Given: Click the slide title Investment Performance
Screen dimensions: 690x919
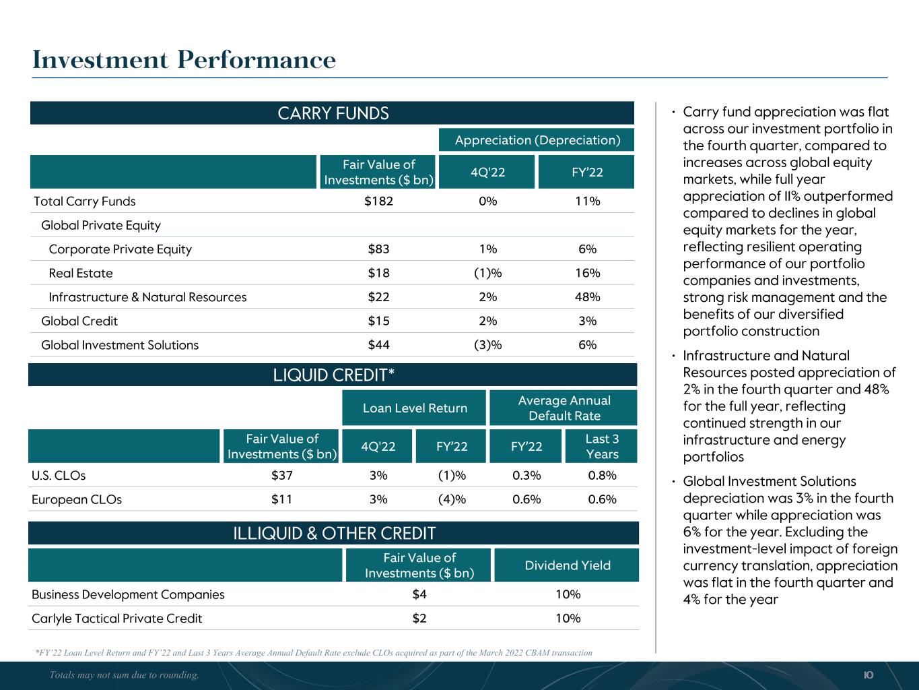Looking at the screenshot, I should coord(184,60).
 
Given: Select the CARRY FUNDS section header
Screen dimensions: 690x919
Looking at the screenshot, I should coord(333,113).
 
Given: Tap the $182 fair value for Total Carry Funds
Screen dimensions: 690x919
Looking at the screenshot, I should coord(378,201).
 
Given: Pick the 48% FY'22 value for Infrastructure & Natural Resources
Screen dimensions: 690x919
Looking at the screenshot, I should coord(587,297).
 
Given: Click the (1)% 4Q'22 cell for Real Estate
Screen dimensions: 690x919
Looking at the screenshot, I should coord(487,273).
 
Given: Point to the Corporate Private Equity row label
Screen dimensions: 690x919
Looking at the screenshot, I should coord(121,249).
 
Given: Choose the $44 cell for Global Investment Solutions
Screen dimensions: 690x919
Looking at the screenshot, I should coord(378,345).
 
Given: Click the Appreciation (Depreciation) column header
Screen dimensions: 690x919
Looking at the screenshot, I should coord(537,140).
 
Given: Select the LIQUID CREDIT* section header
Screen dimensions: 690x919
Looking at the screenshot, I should coord(333,375).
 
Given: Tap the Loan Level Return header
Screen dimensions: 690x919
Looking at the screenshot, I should coord(415,408).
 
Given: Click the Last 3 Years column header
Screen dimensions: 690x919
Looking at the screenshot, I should coord(601,446).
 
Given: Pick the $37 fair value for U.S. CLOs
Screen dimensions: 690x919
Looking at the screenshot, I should coord(281,475).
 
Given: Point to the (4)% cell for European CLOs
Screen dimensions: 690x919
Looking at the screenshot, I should coord(452,499).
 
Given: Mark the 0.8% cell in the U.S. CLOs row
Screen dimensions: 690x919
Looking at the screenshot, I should coord(601,475).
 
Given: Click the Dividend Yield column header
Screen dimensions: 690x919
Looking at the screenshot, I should coord(568,565).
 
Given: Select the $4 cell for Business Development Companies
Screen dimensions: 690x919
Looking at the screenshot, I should coord(419,594).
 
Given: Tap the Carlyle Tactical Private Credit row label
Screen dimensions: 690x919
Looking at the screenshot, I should coord(116,619).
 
